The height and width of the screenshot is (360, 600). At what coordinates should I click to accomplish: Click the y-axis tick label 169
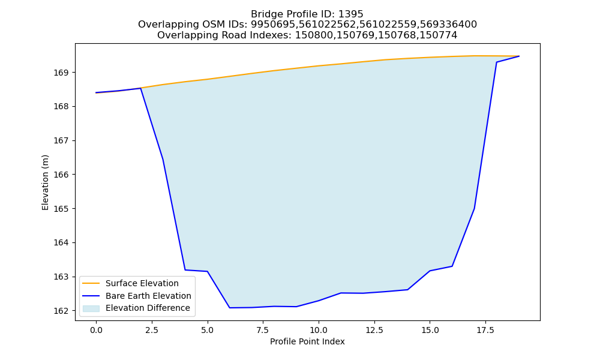(x=62, y=73)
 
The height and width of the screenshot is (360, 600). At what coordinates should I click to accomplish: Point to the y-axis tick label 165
(x=62, y=209)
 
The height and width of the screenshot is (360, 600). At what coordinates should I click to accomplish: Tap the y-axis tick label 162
(x=62, y=311)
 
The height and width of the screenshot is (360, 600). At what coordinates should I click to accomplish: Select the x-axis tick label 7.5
(x=263, y=330)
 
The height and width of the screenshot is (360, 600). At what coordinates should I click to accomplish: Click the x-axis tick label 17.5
(x=485, y=330)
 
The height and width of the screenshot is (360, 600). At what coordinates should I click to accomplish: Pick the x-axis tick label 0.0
(x=96, y=330)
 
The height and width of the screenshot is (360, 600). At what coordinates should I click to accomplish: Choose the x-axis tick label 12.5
(x=374, y=330)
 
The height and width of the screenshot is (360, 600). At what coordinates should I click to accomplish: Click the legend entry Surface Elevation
(x=142, y=283)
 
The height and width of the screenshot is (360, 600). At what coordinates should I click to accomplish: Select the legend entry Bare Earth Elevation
(x=148, y=296)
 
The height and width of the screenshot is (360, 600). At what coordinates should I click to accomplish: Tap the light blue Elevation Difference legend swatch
(x=91, y=308)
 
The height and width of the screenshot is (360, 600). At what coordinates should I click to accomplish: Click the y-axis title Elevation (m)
(x=46, y=182)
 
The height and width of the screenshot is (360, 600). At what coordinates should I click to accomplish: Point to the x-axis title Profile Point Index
(x=307, y=341)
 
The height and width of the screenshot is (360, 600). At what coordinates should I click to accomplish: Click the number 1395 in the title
(x=351, y=14)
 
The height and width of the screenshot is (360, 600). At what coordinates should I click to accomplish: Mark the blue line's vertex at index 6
(x=230, y=308)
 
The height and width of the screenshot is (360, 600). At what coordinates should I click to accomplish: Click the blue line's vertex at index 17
(x=475, y=209)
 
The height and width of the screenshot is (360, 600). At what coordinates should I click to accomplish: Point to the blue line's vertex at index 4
(x=185, y=270)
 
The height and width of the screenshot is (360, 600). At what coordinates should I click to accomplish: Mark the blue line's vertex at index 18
(x=497, y=62)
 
